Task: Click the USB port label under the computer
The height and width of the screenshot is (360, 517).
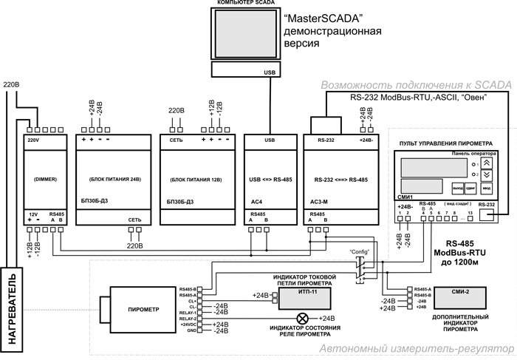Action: (x=269, y=72)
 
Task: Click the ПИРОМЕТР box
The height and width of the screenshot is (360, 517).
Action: (x=143, y=308)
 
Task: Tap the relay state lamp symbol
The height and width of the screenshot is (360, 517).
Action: (x=301, y=318)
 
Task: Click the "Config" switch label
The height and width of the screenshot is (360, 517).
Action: (x=359, y=251)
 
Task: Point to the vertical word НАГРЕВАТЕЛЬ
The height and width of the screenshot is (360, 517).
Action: (x=13, y=310)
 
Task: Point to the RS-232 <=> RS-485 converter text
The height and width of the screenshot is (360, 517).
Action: (x=343, y=180)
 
